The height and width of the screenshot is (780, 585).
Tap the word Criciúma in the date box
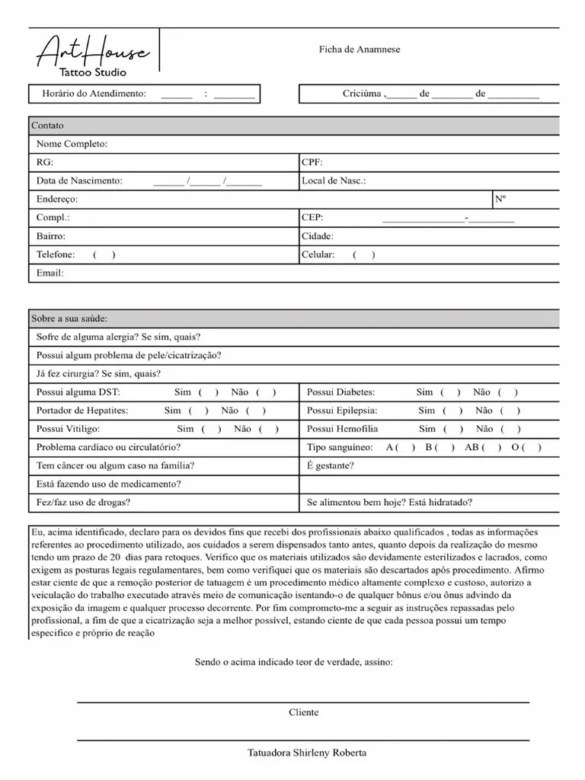click(363, 94)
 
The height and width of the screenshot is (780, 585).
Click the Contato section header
click(47, 126)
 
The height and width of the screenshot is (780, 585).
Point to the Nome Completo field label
click(72, 144)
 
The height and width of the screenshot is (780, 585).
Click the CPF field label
click(312, 162)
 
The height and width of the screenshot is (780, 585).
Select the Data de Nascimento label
click(79, 181)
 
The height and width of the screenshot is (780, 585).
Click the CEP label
click(313, 217)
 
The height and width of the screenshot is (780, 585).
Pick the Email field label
click(50, 273)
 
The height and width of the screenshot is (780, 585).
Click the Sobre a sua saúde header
click(69, 318)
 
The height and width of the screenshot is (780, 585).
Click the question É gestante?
click(330, 465)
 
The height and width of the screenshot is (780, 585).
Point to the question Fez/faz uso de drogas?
click(83, 502)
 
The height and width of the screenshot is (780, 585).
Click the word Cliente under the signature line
click(303, 713)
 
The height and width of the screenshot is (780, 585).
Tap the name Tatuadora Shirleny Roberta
click(307, 753)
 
